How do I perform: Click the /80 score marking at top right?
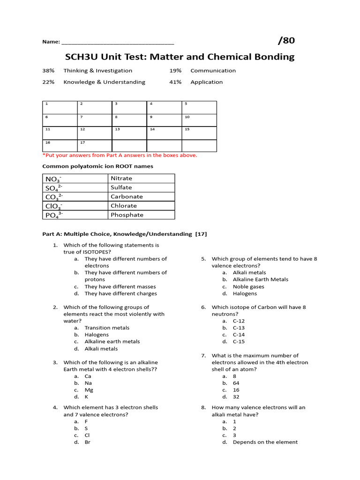click(x=286, y=41)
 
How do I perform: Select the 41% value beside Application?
click(x=175, y=82)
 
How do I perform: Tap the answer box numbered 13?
click(x=129, y=133)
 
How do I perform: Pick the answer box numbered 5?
click(x=199, y=107)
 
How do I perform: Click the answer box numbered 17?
click(x=94, y=145)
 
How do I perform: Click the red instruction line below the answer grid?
click(x=120, y=155)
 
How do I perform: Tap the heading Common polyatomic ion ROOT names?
click(x=97, y=166)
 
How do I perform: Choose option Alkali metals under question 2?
click(x=101, y=349)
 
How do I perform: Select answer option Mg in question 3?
click(x=89, y=390)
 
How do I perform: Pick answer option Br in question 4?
click(x=87, y=442)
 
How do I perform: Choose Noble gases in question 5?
click(x=248, y=286)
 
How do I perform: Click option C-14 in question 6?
click(x=239, y=335)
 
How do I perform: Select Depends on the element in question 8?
click(x=265, y=442)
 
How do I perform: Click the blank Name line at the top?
click(x=118, y=42)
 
